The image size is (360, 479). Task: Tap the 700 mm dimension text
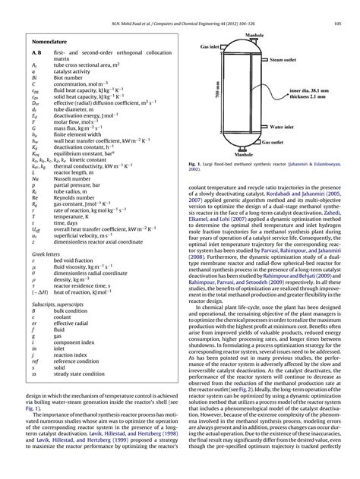click(x=216, y=93)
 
